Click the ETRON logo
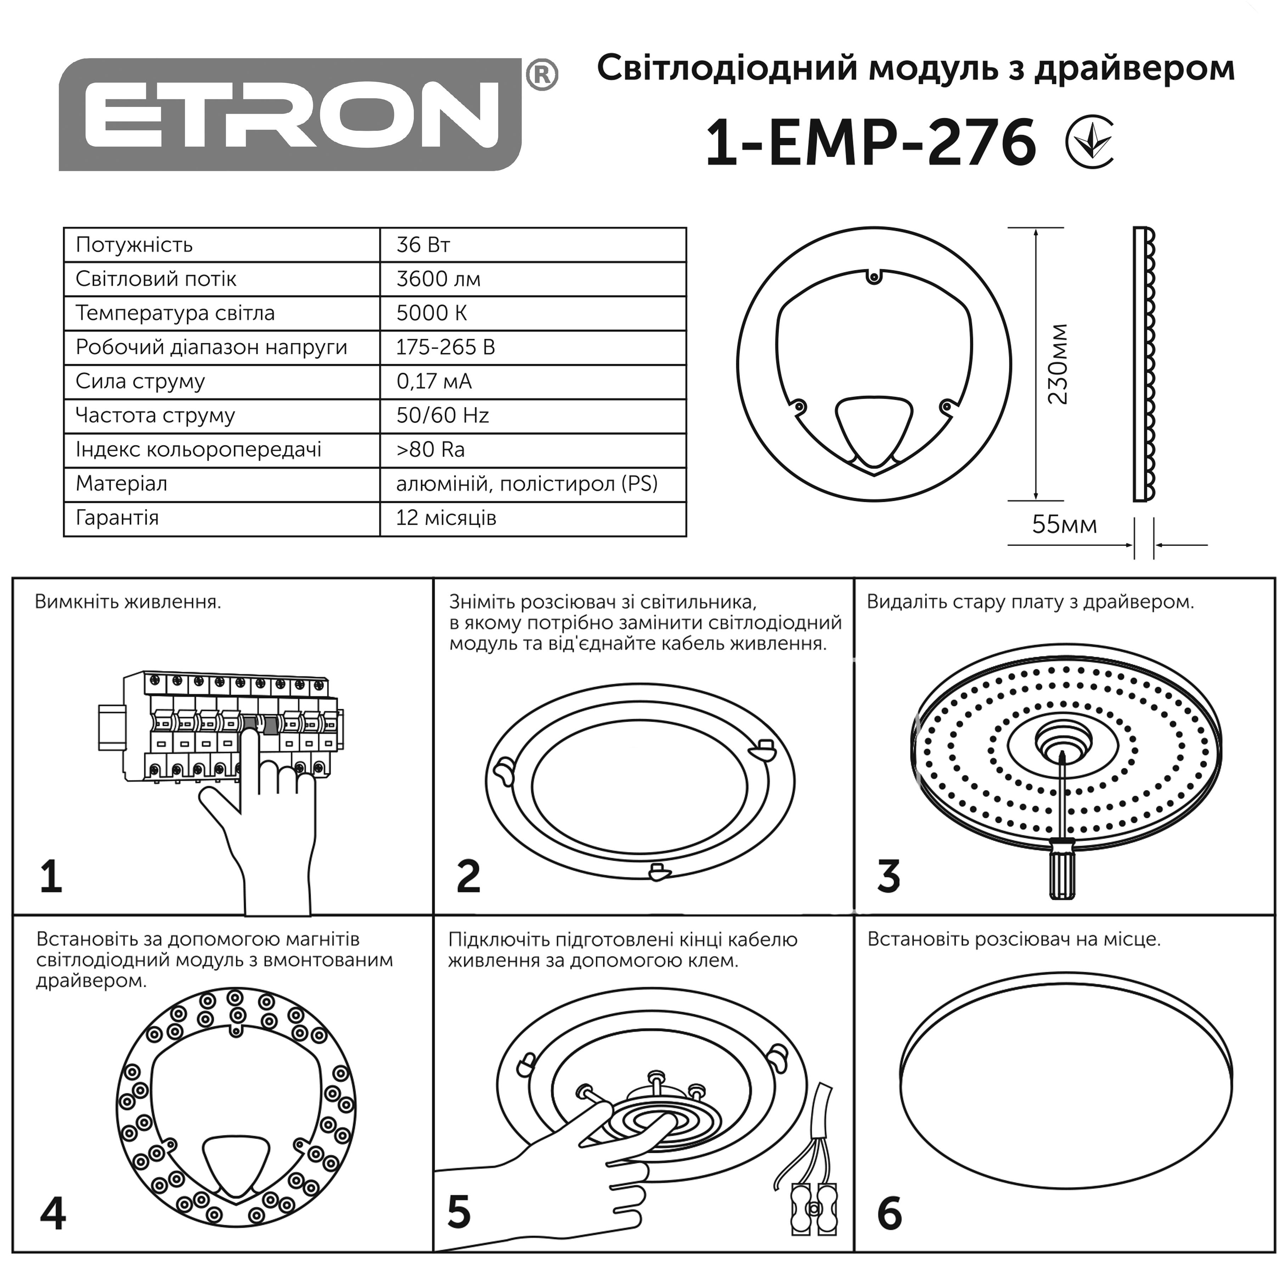click(x=291, y=114)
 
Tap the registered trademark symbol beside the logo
click(x=541, y=75)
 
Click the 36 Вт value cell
click(x=423, y=245)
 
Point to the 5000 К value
click(x=432, y=313)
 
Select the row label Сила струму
click(x=140, y=382)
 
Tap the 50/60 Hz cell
click(x=442, y=415)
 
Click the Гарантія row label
click(x=117, y=518)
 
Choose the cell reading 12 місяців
click(x=446, y=518)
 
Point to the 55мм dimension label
click(x=1064, y=525)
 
